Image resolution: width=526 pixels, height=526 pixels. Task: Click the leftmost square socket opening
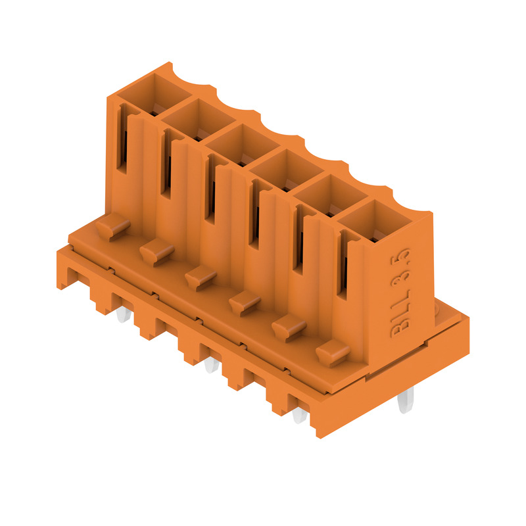(x=155, y=95)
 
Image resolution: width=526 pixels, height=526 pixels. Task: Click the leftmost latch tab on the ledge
(x=113, y=226)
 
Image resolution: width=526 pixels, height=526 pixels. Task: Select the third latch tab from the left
(x=201, y=278)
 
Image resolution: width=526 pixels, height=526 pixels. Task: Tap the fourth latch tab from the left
(x=245, y=303)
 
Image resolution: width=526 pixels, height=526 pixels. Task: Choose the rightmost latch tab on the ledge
(x=333, y=352)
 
